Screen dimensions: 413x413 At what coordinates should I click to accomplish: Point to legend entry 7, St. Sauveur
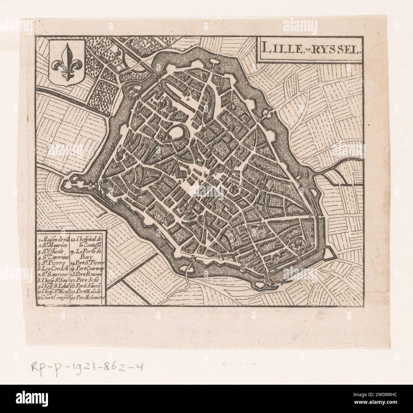(53, 274)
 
